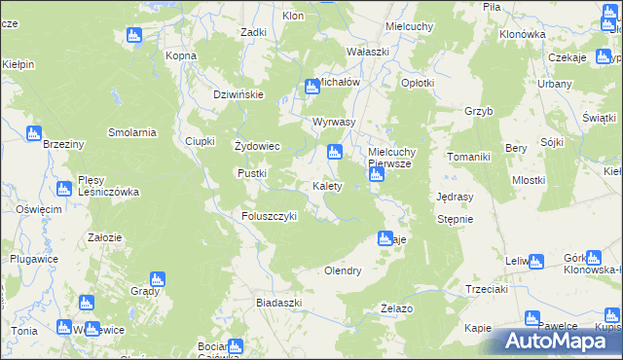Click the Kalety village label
click(326, 186)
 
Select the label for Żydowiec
click(258, 147)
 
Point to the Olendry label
click(343, 270)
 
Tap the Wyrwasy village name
click(334, 123)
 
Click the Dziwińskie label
click(239, 94)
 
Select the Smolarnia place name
click(132, 132)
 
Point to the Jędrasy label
click(456, 196)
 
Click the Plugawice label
click(31, 259)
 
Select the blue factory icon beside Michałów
click(312, 87)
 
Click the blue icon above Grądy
click(156, 280)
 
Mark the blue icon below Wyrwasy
click(335, 152)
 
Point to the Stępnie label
click(455, 219)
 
